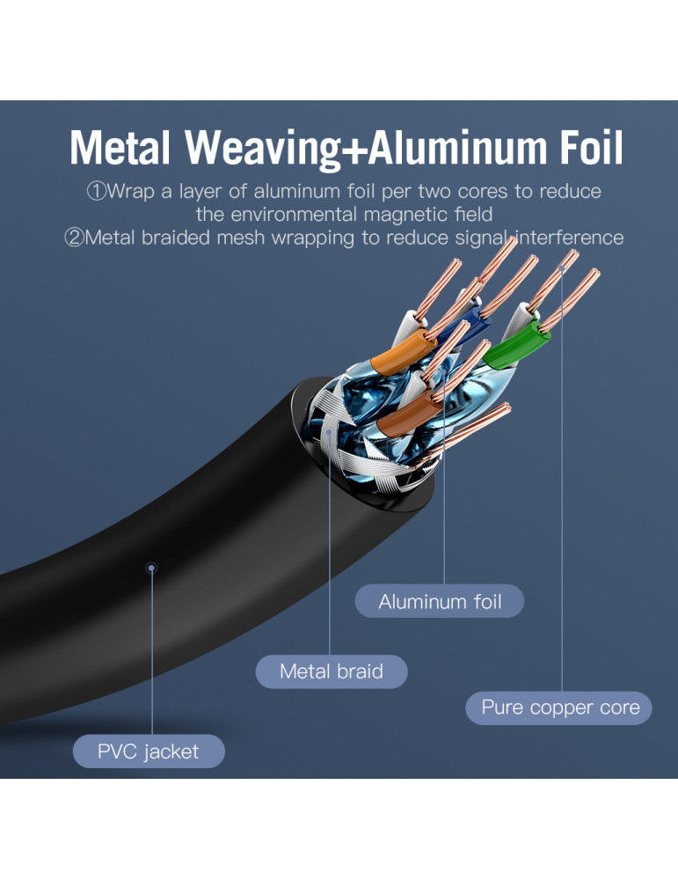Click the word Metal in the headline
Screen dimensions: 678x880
(x=120, y=148)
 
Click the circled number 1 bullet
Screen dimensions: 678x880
(x=96, y=191)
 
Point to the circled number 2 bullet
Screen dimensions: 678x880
(x=74, y=238)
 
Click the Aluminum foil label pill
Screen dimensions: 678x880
(x=440, y=601)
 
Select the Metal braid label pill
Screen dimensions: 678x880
(x=332, y=671)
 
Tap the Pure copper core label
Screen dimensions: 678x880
(x=559, y=708)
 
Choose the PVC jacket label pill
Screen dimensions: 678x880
(x=149, y=751)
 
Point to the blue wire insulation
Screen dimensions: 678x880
(x=471, y=319)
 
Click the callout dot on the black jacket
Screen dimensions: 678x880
(x=151, y=568)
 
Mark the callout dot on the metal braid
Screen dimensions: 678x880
(x=329, y=432)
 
